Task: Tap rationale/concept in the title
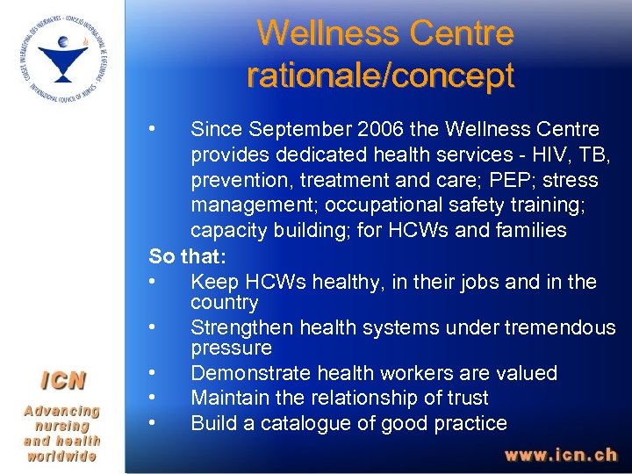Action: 380,75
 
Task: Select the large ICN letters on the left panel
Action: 61,381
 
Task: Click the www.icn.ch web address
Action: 560,456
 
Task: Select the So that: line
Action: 187,256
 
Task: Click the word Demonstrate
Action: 248,373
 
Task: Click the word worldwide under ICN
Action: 61,456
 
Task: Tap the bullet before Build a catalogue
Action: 154,423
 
